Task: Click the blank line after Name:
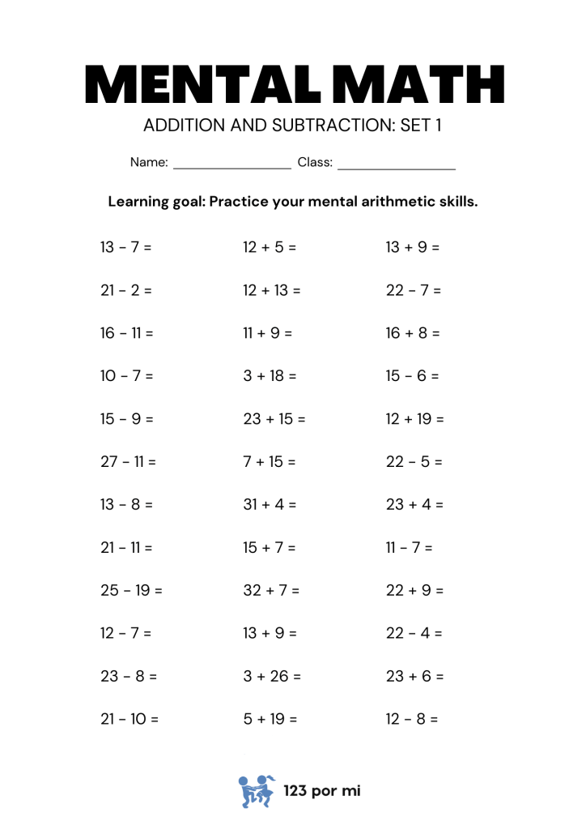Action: (232, 165)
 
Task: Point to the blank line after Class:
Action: (397, 165)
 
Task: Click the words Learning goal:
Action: (156, 201)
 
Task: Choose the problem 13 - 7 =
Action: (126, 247)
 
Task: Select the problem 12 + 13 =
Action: (272, 290)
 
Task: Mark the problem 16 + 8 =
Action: (413, 333)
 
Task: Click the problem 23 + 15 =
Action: (274, 419)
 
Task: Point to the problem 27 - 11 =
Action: (129, 462)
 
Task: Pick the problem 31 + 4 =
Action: (270, 505)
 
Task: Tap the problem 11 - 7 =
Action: (410, 548)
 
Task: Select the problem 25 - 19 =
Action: (132, 591)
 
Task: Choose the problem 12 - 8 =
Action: (412, 719)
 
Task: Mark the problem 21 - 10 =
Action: (130, 719)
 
